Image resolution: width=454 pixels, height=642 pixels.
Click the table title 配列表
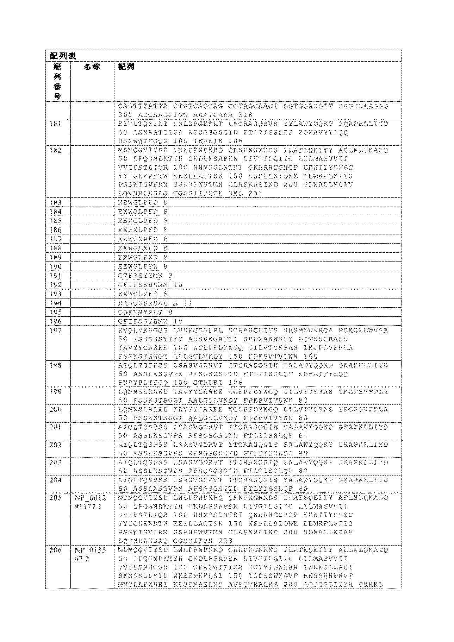pos(63,56)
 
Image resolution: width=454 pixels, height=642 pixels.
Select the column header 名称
pos(92,67)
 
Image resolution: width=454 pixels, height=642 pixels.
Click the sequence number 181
pos(56,124)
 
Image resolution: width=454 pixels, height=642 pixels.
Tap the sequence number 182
pos(56,150)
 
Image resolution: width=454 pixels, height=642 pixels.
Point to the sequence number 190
pos(56,266)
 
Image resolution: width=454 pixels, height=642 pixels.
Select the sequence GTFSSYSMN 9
pos(145,276)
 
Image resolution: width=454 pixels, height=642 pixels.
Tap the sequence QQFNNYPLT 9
pos(145,312)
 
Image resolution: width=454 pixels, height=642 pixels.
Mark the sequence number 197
pos(56,330)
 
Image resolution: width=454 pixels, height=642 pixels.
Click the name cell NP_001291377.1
pos(90,502)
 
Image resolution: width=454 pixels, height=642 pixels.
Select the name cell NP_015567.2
pos(90,554)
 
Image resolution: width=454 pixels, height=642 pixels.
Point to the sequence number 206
pos(56,550)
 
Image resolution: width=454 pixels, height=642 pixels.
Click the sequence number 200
pos(56,409)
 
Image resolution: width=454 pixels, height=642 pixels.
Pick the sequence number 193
pos(56,294)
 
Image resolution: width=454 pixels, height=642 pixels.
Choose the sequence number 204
pos(56,480)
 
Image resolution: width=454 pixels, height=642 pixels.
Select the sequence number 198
pos(56,365)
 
